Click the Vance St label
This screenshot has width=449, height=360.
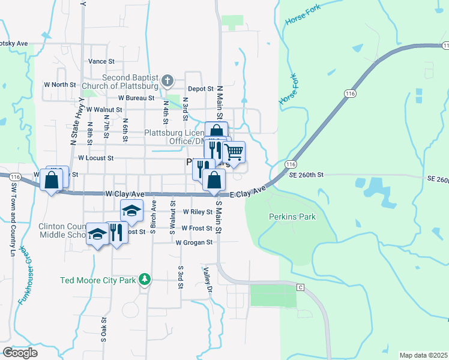point(101,61)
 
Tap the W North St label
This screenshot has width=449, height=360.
point(59,85)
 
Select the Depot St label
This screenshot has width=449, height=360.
point(201,88)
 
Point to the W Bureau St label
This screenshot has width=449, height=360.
point(136,97)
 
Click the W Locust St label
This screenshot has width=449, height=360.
point(96,158)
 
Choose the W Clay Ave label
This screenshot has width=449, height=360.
point(125,194)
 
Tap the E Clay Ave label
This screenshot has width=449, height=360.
point(247,192)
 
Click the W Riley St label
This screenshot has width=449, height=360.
point(197,212)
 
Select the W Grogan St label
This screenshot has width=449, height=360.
point(194,242)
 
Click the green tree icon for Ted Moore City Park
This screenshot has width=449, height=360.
point(144,279)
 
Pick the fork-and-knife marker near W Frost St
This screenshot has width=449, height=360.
point(116,233)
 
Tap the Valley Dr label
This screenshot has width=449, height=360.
point(208,280)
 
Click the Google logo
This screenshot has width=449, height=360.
point(20,353)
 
